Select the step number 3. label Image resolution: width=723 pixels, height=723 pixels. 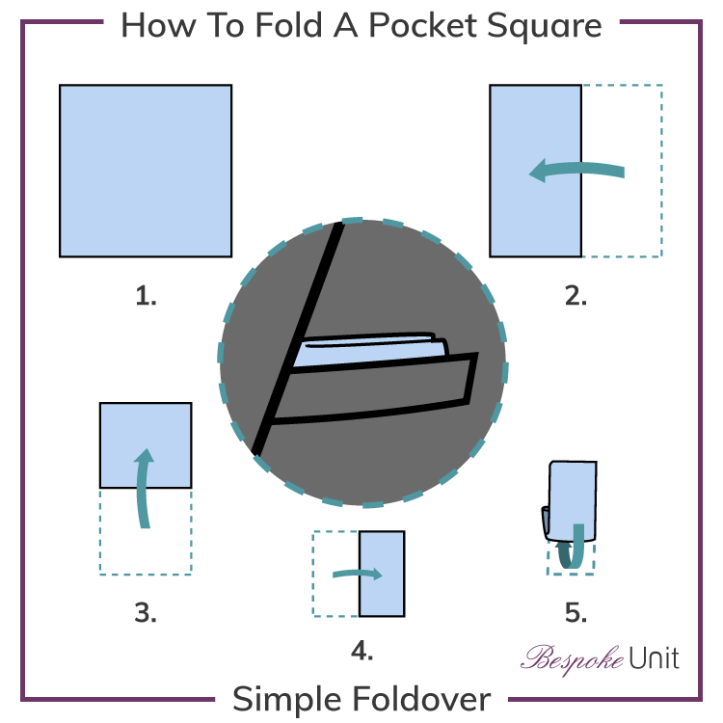(x=146, y=611)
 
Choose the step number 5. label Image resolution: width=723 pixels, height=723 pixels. (x=576, y=611)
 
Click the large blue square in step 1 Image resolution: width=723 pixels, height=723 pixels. (x=146, y=171)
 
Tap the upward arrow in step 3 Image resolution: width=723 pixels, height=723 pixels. (x=145, y=487)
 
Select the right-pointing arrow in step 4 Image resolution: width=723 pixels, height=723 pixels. (x=359, y=575)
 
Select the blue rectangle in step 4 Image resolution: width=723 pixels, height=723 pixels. (x=382, y=574)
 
